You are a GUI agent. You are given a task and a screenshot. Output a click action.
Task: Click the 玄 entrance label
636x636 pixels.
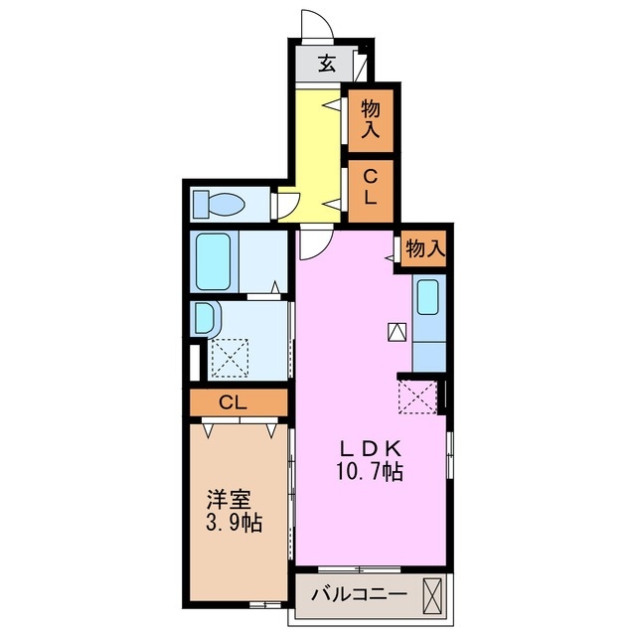(326, 65)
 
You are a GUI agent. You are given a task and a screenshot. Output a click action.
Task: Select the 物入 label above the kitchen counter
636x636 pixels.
(423, 249)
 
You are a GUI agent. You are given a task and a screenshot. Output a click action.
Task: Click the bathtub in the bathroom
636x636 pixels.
(213, 260)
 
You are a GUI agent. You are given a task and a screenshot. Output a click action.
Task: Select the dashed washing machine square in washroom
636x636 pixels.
(231, 357)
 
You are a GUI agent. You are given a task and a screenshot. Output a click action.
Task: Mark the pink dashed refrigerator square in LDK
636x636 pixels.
(417, 397)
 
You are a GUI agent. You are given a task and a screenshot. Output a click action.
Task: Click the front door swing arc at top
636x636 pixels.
(315, 25)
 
